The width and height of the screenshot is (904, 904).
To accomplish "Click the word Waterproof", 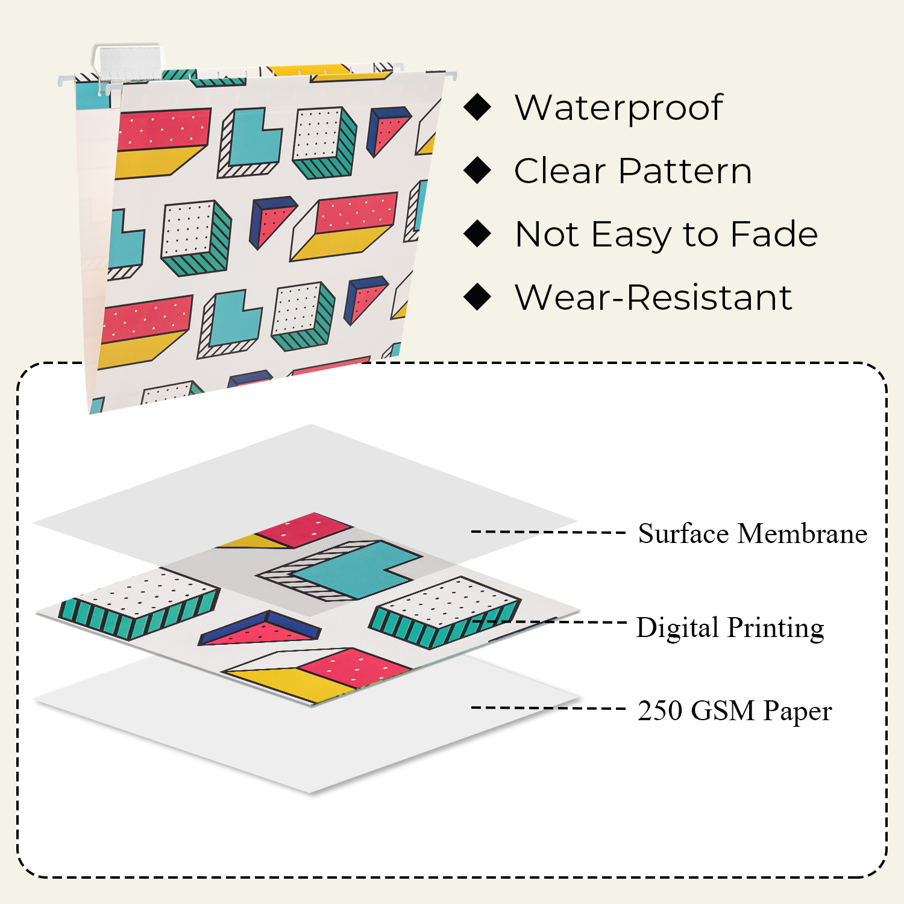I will [x=619, y=108].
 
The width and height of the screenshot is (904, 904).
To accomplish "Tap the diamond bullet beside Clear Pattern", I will [x=478, y=171].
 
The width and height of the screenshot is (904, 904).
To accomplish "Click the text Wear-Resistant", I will [x=653, y=297].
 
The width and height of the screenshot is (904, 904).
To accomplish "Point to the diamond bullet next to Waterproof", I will [x=478, y=107].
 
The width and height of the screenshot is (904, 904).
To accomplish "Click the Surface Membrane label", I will [x=752, y=533].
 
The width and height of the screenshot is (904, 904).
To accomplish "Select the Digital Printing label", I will [x=730, y=627].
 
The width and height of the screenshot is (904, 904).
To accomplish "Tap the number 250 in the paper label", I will [x=660, y=711].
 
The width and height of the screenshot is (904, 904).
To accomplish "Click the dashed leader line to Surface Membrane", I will [x=548, y=532].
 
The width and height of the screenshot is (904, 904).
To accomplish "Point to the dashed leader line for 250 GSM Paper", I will [x=548, y=708].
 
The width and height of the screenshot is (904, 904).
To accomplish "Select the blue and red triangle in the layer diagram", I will [x=260, y=630].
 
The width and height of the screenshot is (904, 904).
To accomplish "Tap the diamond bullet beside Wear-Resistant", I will [x=478, y=297].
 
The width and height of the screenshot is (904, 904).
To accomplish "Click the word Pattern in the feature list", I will [x=685, y=171].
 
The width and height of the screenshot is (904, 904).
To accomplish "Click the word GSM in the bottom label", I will [x=723, y=711].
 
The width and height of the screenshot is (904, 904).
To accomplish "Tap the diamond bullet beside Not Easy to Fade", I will [x=478, y=234].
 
